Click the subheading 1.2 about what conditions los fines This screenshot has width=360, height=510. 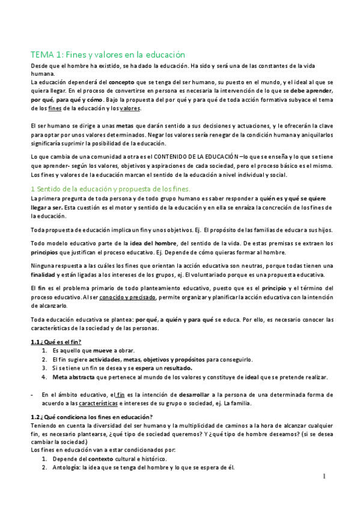tap(91, 417)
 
